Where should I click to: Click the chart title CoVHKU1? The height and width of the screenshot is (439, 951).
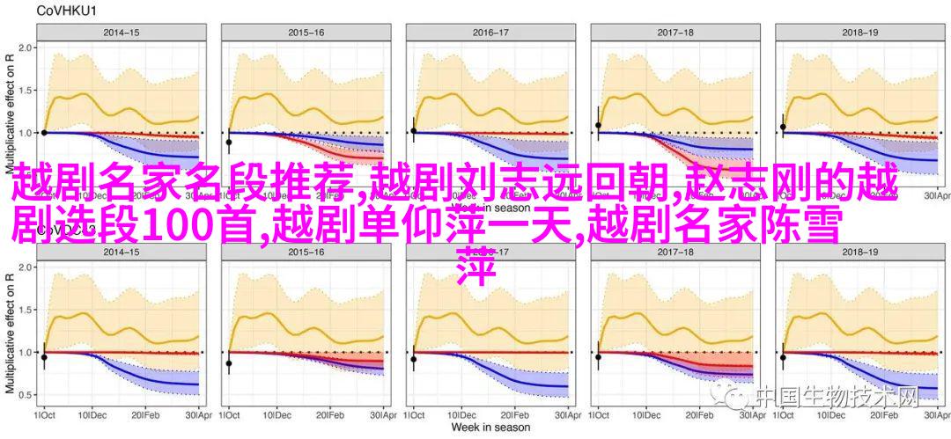point(41,11)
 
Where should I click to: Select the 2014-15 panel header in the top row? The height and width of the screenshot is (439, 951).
point(119,33)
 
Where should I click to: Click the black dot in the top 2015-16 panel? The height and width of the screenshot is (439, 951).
point(229,143)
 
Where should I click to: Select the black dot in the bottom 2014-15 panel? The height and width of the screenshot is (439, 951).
point(44,357)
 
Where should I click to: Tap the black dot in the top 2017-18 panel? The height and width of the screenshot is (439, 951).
point(599,125)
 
